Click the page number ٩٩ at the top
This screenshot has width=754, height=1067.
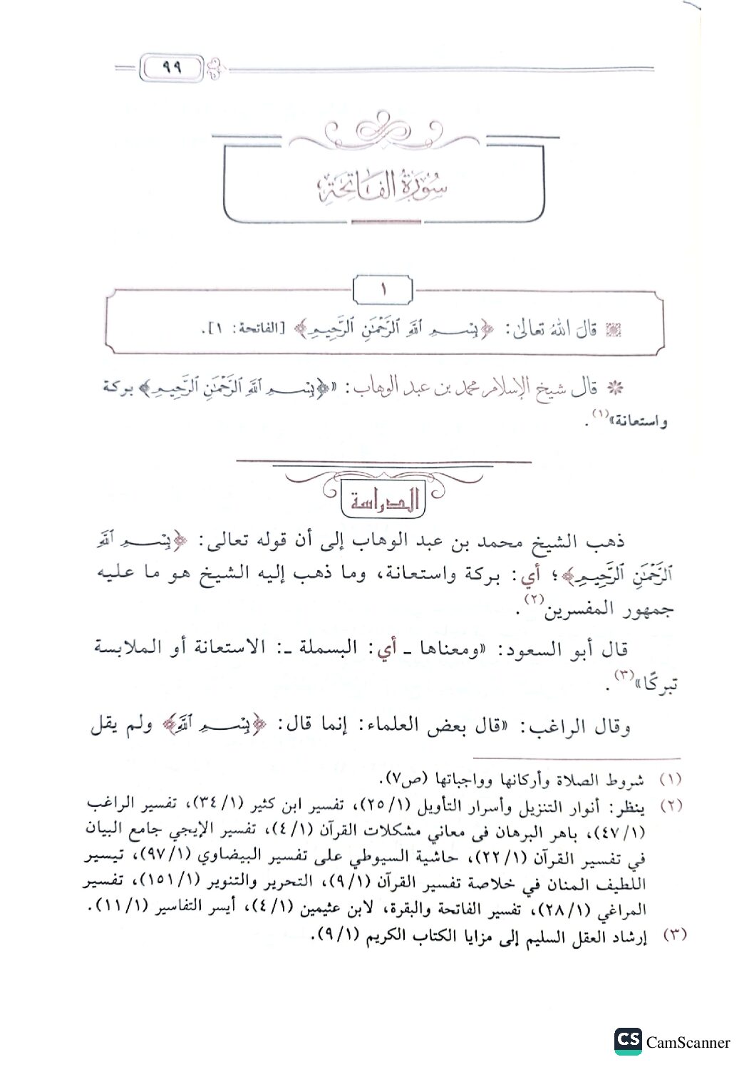(x=172, y=69)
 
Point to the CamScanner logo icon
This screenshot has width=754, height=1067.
(x=627, y=1041)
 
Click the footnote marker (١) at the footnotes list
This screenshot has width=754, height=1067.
(x=672, y=780)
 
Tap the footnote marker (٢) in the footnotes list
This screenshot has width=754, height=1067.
(x=672, y=806)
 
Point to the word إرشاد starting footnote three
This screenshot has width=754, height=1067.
(x=629, y=937)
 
